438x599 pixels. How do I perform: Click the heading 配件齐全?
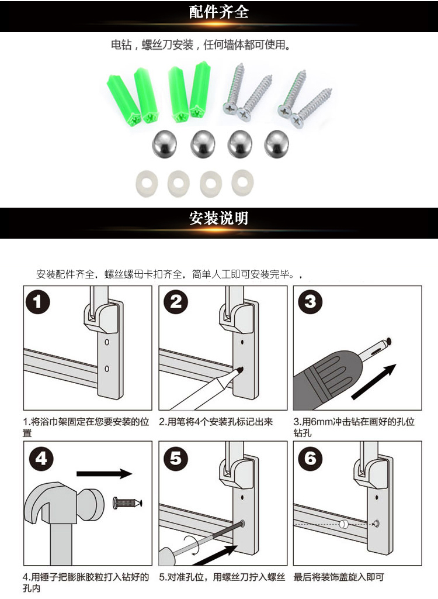click(218, 12)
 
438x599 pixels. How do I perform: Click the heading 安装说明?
click(218, 218)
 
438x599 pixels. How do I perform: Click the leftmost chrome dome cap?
click(165, 144)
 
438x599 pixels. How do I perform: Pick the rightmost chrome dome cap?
click(277, 144)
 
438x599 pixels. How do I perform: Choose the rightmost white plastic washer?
click(242, 181)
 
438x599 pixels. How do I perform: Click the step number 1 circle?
click(37, 302)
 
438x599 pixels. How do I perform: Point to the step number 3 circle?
click(310, 302)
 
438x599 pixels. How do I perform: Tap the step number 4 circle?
click(41, 459)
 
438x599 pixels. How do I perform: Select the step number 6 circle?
click(310, 457)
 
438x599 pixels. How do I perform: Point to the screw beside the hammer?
click(127, 502)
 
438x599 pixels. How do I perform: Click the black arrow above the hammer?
click(104, 474)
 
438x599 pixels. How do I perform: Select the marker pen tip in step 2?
click(239, 370)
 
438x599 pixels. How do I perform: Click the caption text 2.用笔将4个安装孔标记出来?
click(216, 422)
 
